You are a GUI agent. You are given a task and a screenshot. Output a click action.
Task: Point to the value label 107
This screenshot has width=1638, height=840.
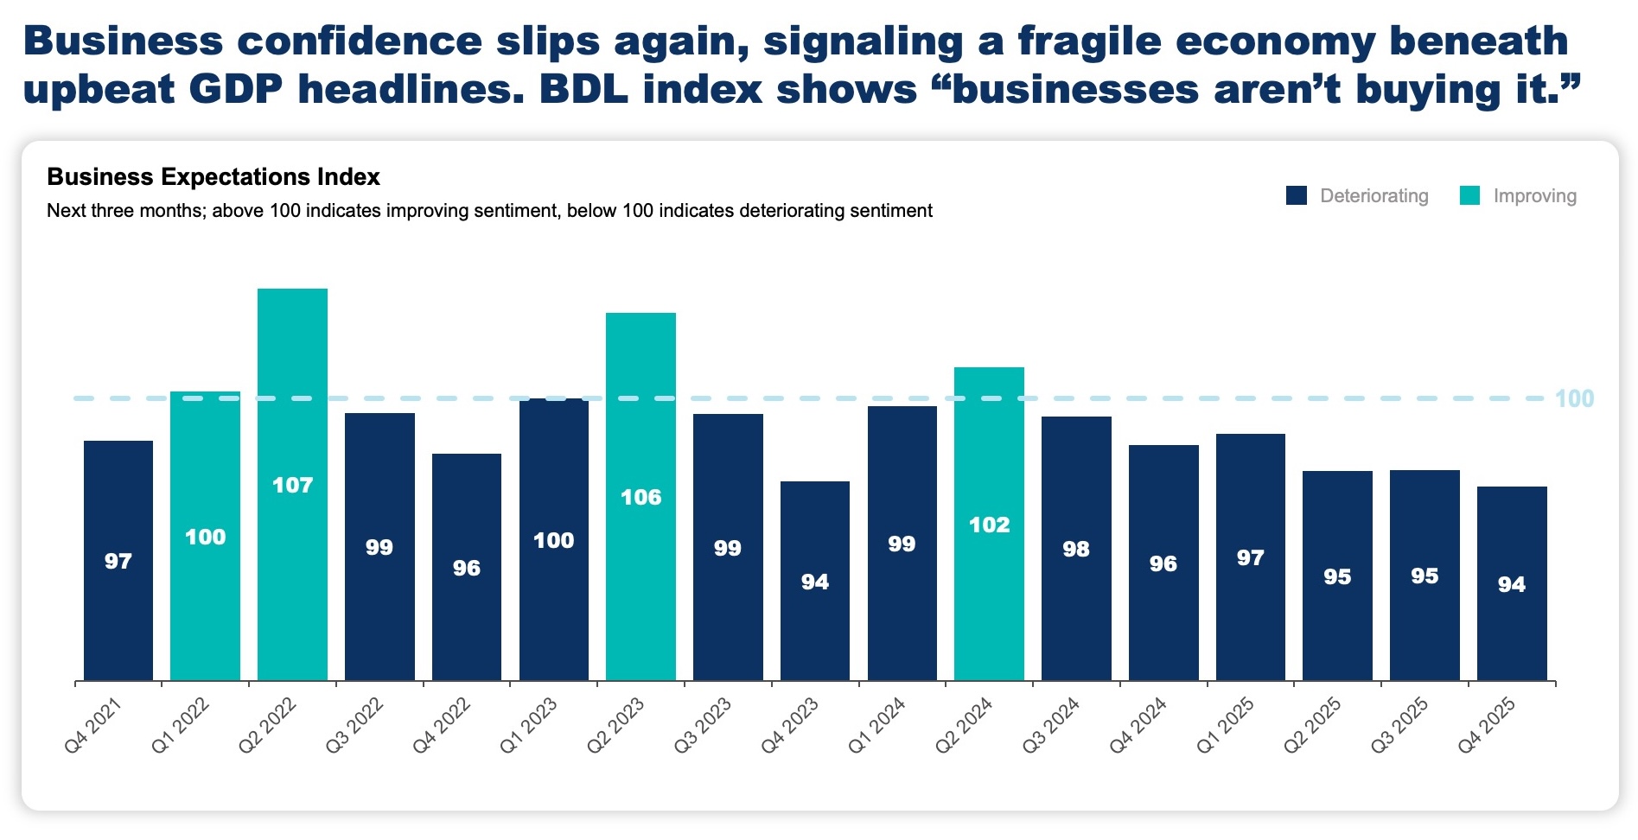pyautogui.click(x=292, y=486)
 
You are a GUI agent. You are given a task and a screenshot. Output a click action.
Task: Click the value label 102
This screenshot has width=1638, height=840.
pyautogui.click(x=989, y=525)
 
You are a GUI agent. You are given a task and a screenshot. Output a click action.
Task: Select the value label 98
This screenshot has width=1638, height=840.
pyautogui.click(x=1076, y=550)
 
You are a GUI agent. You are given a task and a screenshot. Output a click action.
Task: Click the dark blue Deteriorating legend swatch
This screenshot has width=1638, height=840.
pyautogui.click(x=1296, y=196)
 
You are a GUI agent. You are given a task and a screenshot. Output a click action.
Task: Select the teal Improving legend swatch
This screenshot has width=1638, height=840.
pyautogui.click(x=1469, y=196)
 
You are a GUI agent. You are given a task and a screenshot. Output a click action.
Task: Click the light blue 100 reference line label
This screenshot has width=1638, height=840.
pyautogui.click(x=1574, y=399)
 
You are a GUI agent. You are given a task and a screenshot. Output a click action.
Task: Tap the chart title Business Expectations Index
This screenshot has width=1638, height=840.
pyautogui.click(x=214, y=177)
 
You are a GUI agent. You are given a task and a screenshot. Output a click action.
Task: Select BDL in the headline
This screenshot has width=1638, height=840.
pyautogui.click(x=583, y=90)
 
